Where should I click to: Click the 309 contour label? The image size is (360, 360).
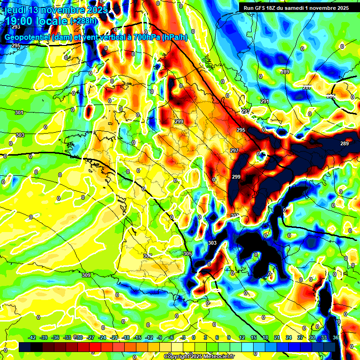coord(86,275)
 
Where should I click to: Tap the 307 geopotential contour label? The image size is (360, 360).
coord(148,256)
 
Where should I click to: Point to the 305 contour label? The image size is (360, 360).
coord(187,254)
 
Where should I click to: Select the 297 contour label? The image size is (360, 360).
coord(234,150)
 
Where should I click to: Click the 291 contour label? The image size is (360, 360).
coord(265,101)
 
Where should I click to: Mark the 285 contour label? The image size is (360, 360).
coord(331,96)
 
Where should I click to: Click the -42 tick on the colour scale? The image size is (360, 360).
coord(32,337)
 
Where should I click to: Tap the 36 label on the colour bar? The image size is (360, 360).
coord(336,337)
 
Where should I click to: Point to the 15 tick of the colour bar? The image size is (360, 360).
coord(254,337)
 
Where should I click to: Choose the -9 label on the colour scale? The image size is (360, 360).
coord(160,337)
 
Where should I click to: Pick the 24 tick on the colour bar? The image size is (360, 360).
coord(289,337)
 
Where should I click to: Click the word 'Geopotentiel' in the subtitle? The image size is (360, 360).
coord(29,37)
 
